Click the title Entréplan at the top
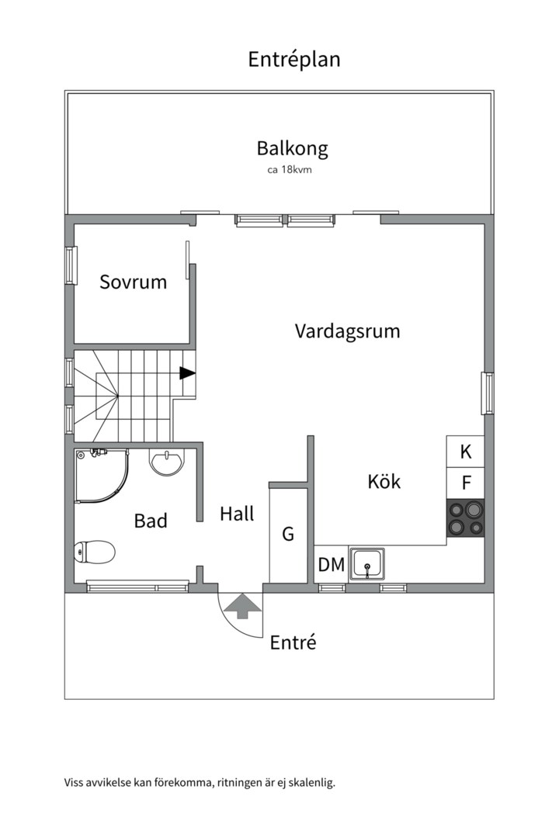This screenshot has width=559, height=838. point(293,59)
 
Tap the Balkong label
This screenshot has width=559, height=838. point(292,148)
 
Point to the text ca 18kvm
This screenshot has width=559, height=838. point(289,169)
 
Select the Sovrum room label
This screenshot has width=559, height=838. point(133,282)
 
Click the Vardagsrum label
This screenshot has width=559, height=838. point(347,331)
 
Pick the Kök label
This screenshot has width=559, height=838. point(384,481)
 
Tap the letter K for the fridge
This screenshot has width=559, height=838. point(466,452)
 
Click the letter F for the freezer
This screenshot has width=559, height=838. point(466,483)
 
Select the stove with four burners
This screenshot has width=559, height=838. point(465,518)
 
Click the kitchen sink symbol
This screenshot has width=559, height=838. point(367,563)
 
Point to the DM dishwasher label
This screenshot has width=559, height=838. point(331,565)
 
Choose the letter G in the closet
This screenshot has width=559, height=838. point(288,534)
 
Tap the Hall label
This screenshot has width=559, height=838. point(237,514)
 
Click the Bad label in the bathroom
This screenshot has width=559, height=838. point(151,521)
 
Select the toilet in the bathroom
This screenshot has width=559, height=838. point(95,552)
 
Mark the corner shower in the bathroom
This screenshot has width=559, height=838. point(99,475)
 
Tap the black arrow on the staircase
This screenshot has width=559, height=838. point(187,373)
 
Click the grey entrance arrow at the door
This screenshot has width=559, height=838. point(241,606)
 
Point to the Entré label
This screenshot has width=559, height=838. point(293,642)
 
